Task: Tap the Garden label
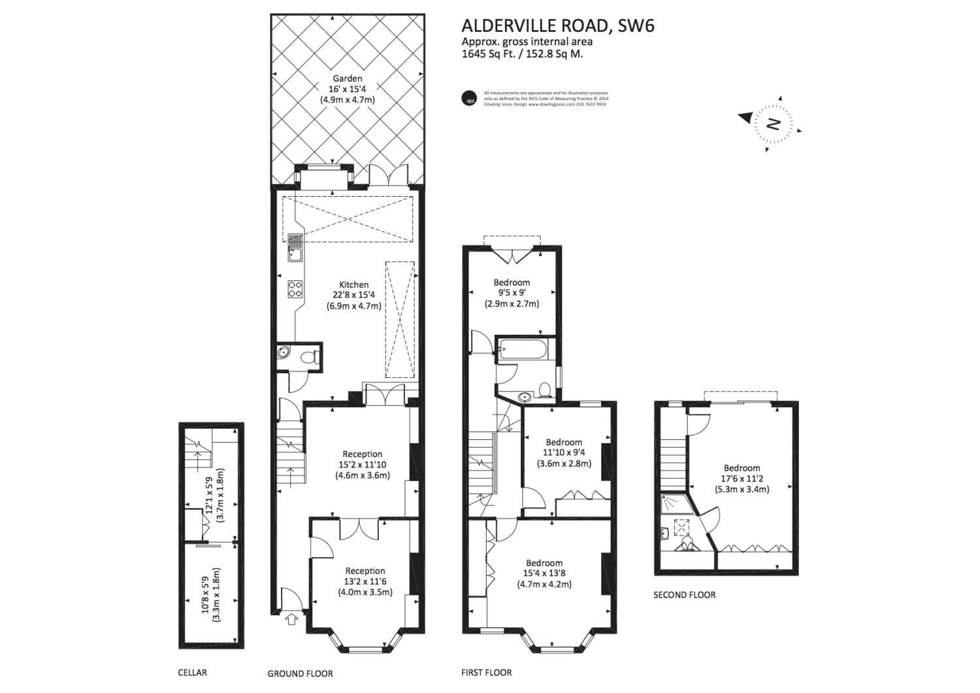click(347, 79)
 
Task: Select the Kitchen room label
click(353, 284)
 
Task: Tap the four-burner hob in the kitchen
click(295, 289)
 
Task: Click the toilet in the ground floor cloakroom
click(312, 356)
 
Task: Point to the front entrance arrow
click(291, 618)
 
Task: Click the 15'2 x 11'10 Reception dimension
click(363, 465)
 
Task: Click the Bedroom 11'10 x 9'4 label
click(564, 443)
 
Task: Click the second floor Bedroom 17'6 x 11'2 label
click(742, 468)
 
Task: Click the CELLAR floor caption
click(192, 672)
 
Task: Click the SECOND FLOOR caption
click(684, 595)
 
